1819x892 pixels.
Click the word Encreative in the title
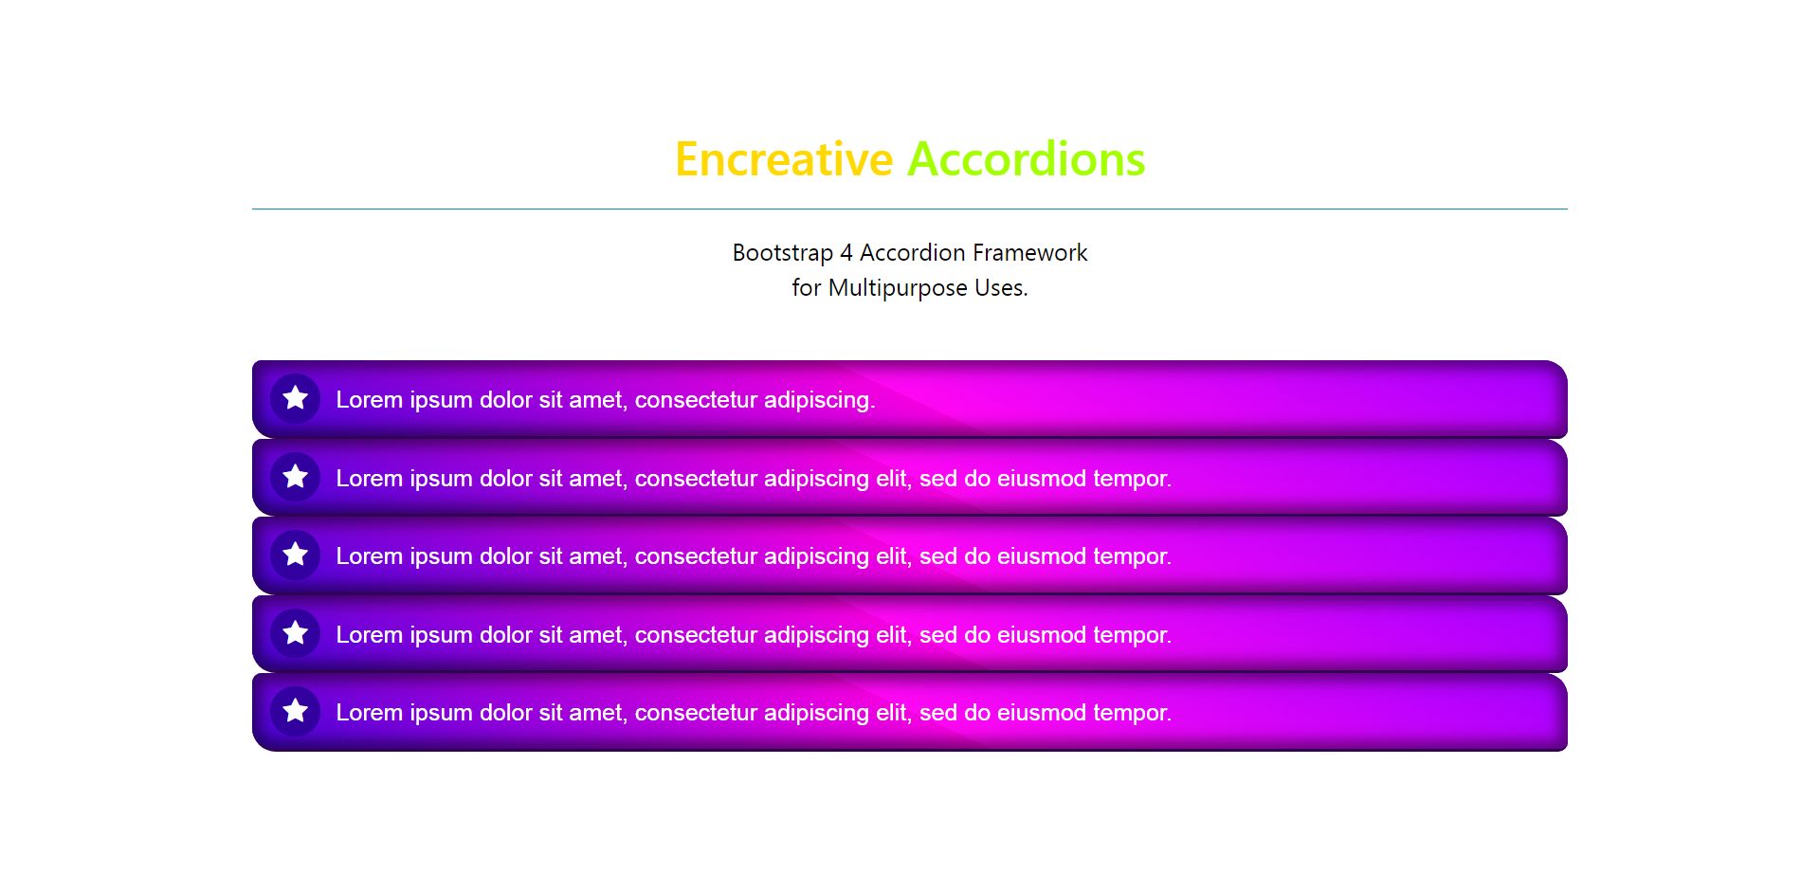pyautogui.click(x=784, y=159)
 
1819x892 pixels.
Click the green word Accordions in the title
pyautogui.click(x=1027, y=159)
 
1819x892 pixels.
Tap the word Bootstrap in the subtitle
pyautogui.click(x=783, y=254)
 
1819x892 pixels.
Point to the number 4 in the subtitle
pyautogui.click(x=846, y=253)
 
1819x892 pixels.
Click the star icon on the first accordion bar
pyautogui.click(x=296, y=398)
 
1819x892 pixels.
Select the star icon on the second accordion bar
pyautogui.click(x=296, y=476)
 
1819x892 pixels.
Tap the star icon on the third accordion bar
pyautogui.click(x=296, y=555)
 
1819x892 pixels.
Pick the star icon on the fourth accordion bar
pyautogui.click(x=296, y=632)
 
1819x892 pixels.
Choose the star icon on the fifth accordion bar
pyautogui.click(x=296, y=711)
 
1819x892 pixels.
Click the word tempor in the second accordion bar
pyautogui.click(x=1132, y=480)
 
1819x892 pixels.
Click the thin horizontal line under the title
pyautogui.click(x=910, y=209)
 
